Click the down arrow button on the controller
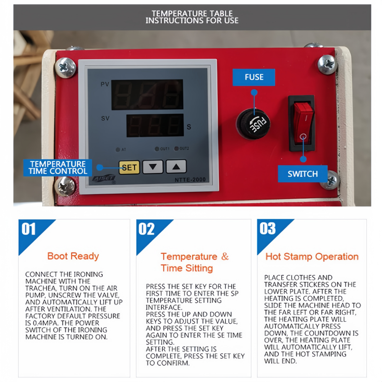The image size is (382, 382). click(153, 167)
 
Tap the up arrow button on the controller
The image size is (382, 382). click(176, 167)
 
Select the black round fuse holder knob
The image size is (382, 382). click(253, 124)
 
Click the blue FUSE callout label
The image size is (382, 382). click(254, 77)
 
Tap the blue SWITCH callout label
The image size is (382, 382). click(303, 174)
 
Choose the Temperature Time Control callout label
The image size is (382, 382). click(58, 168)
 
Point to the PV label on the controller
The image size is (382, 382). click(105, 84)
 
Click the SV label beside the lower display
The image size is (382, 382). click(105, 118)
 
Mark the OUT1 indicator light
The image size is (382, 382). click(157, 149)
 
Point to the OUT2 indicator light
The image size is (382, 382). click(176, 148)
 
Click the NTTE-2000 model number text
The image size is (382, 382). click(190, 180)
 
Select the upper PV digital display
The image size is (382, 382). click(147, 94)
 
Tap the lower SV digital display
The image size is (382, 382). click(155, 125)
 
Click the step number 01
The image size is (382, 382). click(29, 229)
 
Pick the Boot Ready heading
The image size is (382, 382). click(73, 256)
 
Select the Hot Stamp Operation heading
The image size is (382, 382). click(312, 257)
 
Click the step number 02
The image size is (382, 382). click(146, 229)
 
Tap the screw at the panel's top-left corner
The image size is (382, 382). click(65, 67)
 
